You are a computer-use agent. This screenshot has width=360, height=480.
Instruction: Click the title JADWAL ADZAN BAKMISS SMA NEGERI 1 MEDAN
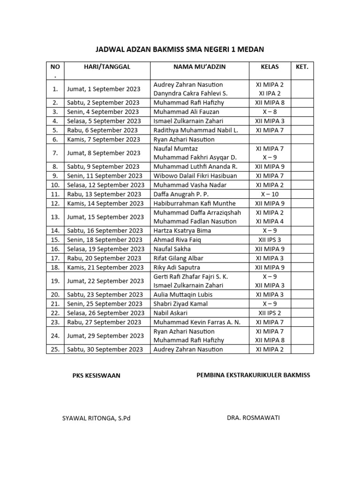[x=180, y=49]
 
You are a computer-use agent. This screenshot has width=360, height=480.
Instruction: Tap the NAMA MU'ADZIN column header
[x=199, y=67]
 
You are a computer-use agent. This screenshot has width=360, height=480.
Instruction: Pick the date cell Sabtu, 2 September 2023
[x=103, y=103]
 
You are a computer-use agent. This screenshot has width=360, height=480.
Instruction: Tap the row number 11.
[x=55, y=194]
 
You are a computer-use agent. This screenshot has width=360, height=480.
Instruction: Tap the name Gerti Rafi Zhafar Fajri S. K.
[x=191, y=277]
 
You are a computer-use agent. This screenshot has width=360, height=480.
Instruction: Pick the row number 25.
[x=55, y=350]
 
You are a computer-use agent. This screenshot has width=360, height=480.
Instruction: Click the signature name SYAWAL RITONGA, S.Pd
[x=96, y=418]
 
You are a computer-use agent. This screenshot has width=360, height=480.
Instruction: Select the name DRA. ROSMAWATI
[x=253, y=418]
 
